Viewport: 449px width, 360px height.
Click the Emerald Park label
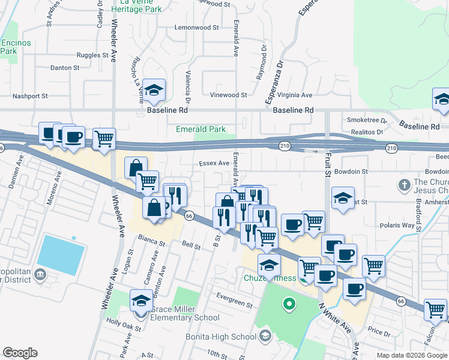[x=200, y=130]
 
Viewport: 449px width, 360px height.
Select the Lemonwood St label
[x=196, y=28]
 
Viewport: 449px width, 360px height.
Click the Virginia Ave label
[x=294, y=95]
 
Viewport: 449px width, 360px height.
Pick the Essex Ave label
[x=214, y=163]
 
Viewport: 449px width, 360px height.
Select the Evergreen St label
[x=235, y=297]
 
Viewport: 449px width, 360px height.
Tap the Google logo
[x=20, y=353]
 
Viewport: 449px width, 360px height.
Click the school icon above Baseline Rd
[x=154, y=91]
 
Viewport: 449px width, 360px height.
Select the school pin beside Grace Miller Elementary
[x=141, y=300]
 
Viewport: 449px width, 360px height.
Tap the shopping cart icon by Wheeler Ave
[x=104, y=139]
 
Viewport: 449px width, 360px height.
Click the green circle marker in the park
[x=289, y=304]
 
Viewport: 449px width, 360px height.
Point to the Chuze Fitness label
[x=270, y=278]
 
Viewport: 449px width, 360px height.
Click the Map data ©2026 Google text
[x=411, y=355]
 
